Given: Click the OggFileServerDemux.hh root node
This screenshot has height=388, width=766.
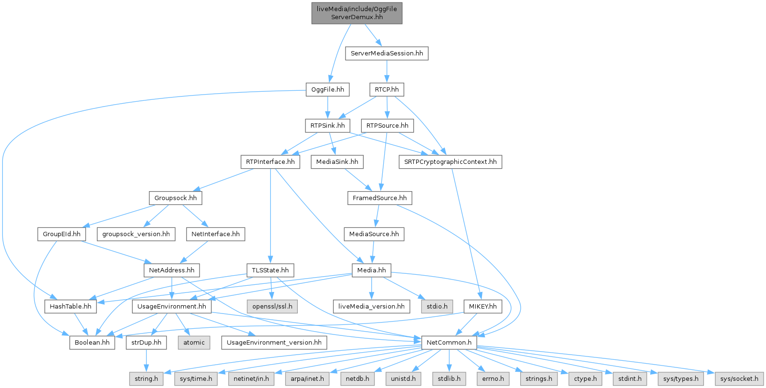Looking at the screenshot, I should [x=357, y=12].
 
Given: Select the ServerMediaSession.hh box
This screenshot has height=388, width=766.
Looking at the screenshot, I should [x=387, y=53].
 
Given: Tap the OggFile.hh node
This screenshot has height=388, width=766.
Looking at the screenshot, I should [x=327, y=89].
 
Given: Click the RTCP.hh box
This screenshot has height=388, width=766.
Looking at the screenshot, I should [x=387, y=89].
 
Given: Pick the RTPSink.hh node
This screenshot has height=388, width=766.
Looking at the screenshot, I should [x=327, y=126].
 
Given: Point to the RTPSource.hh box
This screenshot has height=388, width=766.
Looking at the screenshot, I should [x=387, y=126].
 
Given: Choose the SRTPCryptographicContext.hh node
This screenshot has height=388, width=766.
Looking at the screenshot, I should [x=450, y=162].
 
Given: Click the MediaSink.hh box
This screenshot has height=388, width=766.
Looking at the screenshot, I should [x=337, y=162].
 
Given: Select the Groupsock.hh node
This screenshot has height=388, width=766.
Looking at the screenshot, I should [x=175, y=198].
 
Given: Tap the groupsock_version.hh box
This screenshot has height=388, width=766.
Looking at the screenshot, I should [x=136, y=234].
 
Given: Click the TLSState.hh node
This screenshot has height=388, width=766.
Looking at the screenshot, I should [x=270, y=270].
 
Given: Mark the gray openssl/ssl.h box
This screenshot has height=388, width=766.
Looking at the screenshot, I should [x=272, y=306].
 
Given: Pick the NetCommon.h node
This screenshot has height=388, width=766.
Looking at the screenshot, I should [x=449, y=343].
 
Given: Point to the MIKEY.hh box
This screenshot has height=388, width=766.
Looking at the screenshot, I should [x=483, y=306].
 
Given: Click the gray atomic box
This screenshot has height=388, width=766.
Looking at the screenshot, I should [x=194, y=343].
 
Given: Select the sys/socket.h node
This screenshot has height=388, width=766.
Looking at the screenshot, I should [x=739, y=378].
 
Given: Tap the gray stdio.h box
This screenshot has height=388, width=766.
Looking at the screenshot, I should [x=437, y=306].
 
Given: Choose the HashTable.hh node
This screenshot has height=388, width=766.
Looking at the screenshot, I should [x=71, y=306].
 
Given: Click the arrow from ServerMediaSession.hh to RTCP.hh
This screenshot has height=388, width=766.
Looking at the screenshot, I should [x=387, y=71].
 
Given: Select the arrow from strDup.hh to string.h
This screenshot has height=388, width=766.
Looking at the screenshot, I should [x=146, y=361].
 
